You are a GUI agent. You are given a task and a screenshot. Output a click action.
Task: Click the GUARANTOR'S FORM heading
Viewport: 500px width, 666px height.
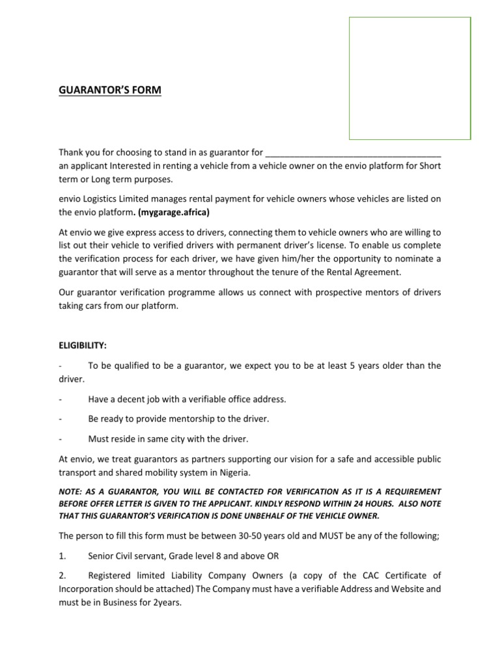(x=109, y=90)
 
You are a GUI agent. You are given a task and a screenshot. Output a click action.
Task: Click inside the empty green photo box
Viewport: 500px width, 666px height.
(x=410, y=78)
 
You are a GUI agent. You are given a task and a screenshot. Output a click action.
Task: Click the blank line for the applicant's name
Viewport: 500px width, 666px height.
(x=354, y=153)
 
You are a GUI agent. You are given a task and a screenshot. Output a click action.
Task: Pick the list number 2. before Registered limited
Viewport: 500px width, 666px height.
(x=62, y=576)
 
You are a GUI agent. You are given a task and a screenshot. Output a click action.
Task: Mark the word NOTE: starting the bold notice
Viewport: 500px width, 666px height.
(x=71, y=491)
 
